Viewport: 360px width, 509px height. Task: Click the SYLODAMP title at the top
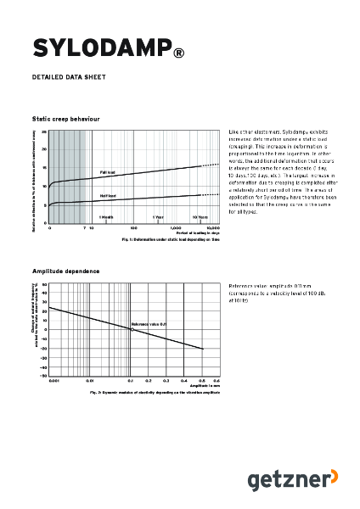101,48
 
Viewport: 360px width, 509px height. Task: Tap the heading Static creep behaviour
65,120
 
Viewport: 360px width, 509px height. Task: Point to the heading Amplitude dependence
65,271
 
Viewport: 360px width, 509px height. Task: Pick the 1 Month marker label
106,217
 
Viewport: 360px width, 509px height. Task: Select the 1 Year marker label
158,217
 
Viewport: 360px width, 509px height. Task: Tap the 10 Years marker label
200,217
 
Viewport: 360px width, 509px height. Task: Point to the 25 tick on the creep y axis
44,132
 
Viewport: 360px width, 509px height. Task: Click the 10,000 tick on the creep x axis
213,228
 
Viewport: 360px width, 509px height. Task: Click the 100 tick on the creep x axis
134,228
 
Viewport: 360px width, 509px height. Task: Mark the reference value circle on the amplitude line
131,329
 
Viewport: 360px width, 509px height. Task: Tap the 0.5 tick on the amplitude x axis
202,382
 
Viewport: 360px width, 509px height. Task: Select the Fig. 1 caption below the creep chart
170,240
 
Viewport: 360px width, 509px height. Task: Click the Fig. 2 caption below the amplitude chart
155,393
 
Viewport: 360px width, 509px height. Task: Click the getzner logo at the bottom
283,480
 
